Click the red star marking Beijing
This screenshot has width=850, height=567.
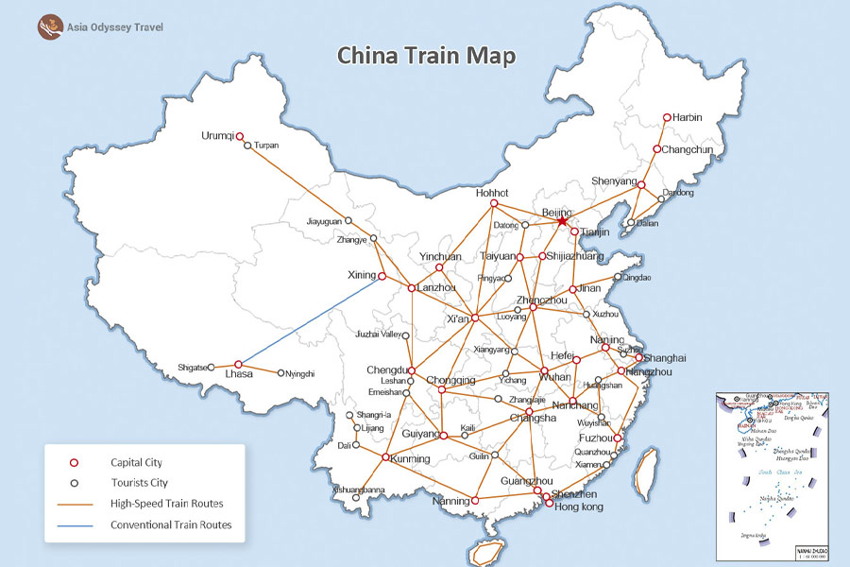click(563, 220)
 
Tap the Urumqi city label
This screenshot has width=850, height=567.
click(217, 136)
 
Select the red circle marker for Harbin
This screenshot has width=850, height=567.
click(667, 118)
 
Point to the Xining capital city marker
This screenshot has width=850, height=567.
click(382, 276)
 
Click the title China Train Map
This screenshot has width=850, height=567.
click(427, 56)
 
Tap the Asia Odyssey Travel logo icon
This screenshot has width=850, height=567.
click(48, 26)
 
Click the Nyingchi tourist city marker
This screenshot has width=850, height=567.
click(281, 373)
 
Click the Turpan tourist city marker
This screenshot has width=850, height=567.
click(247, 146)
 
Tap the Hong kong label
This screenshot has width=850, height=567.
click(578, 507)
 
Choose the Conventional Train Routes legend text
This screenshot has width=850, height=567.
click(170, 524)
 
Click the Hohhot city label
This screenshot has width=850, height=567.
click(492, 193)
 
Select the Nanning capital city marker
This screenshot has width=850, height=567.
click(476, 500)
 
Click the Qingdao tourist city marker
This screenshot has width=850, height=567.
click(619, 278)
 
